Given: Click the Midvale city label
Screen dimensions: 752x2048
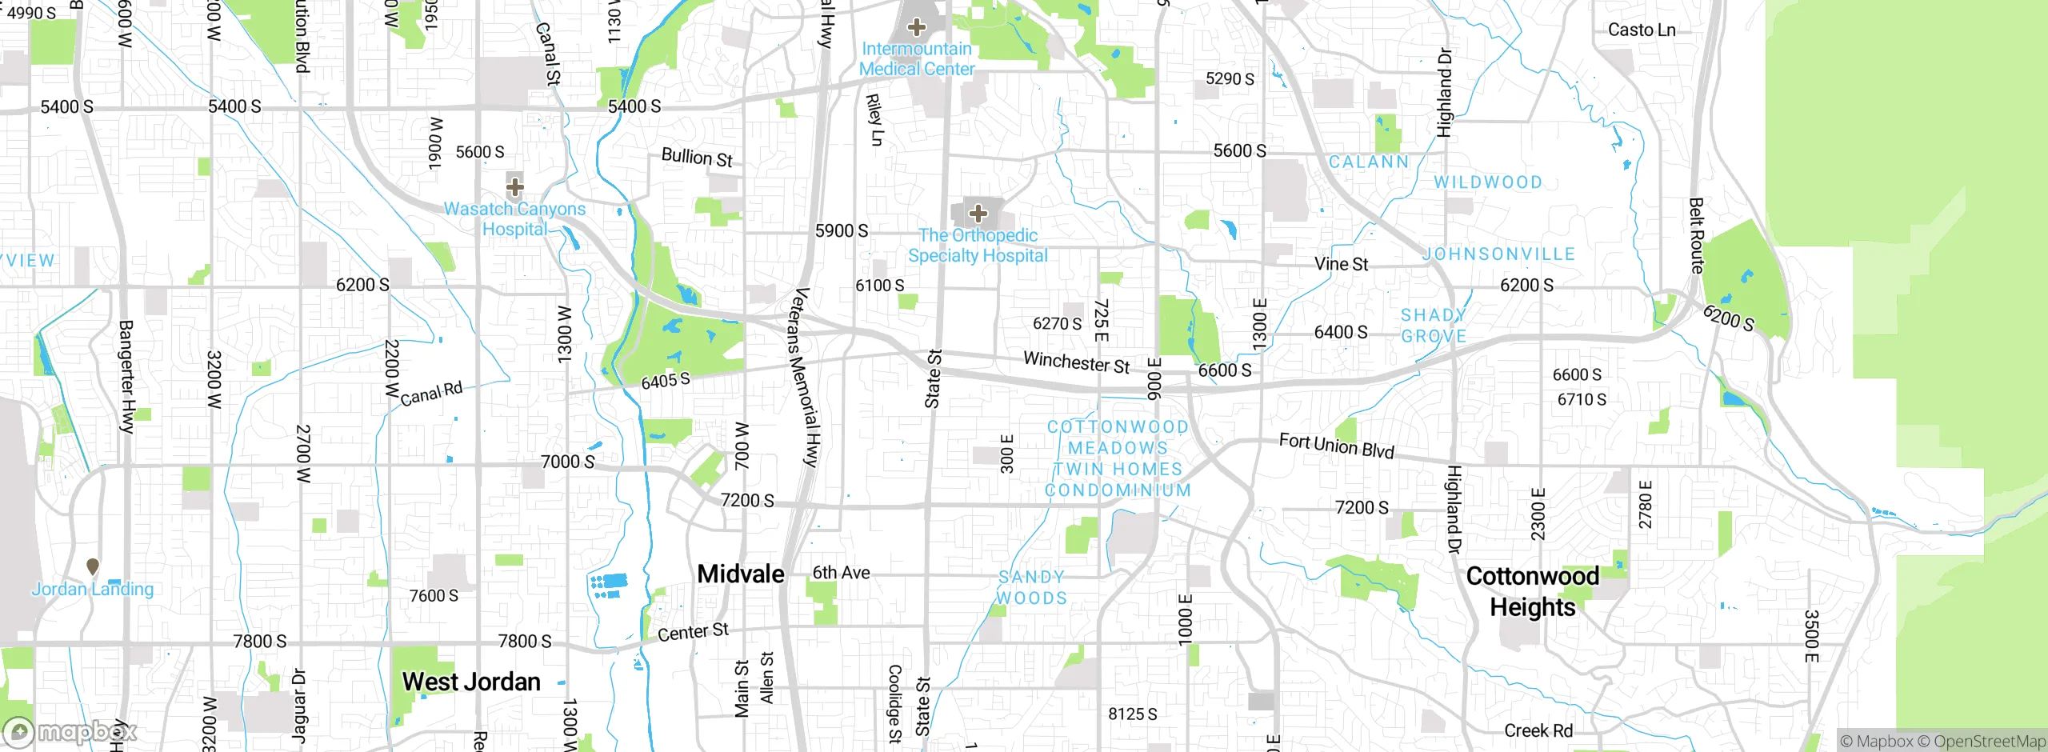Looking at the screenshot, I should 740,574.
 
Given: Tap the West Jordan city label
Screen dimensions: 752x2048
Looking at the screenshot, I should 471,682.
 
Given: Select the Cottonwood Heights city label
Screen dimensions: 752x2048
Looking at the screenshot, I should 1532,591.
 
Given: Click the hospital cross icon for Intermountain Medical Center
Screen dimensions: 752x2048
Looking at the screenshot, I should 917,27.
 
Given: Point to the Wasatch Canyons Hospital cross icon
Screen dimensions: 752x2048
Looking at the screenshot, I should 515,187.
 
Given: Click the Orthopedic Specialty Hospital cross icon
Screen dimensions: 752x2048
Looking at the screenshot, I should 978,214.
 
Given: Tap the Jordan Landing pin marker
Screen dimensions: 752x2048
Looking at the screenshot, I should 93,566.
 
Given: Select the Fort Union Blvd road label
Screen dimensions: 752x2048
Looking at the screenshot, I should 1336,446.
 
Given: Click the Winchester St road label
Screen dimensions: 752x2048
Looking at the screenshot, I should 1076,362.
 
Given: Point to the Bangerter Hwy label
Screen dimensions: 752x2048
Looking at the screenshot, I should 126,376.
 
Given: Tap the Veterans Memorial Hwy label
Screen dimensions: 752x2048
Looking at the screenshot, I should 803,376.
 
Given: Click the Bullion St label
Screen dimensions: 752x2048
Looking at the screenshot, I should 696,158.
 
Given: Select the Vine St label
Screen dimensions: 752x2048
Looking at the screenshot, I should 1341,264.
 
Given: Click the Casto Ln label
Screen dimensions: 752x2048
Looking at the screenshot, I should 1641,30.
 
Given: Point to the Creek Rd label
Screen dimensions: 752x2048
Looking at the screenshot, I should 1538,730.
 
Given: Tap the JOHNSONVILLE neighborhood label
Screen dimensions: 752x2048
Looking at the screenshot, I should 1499,254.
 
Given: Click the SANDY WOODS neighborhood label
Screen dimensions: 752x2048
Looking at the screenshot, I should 1031,587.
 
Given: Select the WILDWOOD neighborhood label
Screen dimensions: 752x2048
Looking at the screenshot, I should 1487,182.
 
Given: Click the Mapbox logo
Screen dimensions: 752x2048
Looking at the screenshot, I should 70,732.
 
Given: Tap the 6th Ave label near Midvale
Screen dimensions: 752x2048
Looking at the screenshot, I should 841,573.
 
